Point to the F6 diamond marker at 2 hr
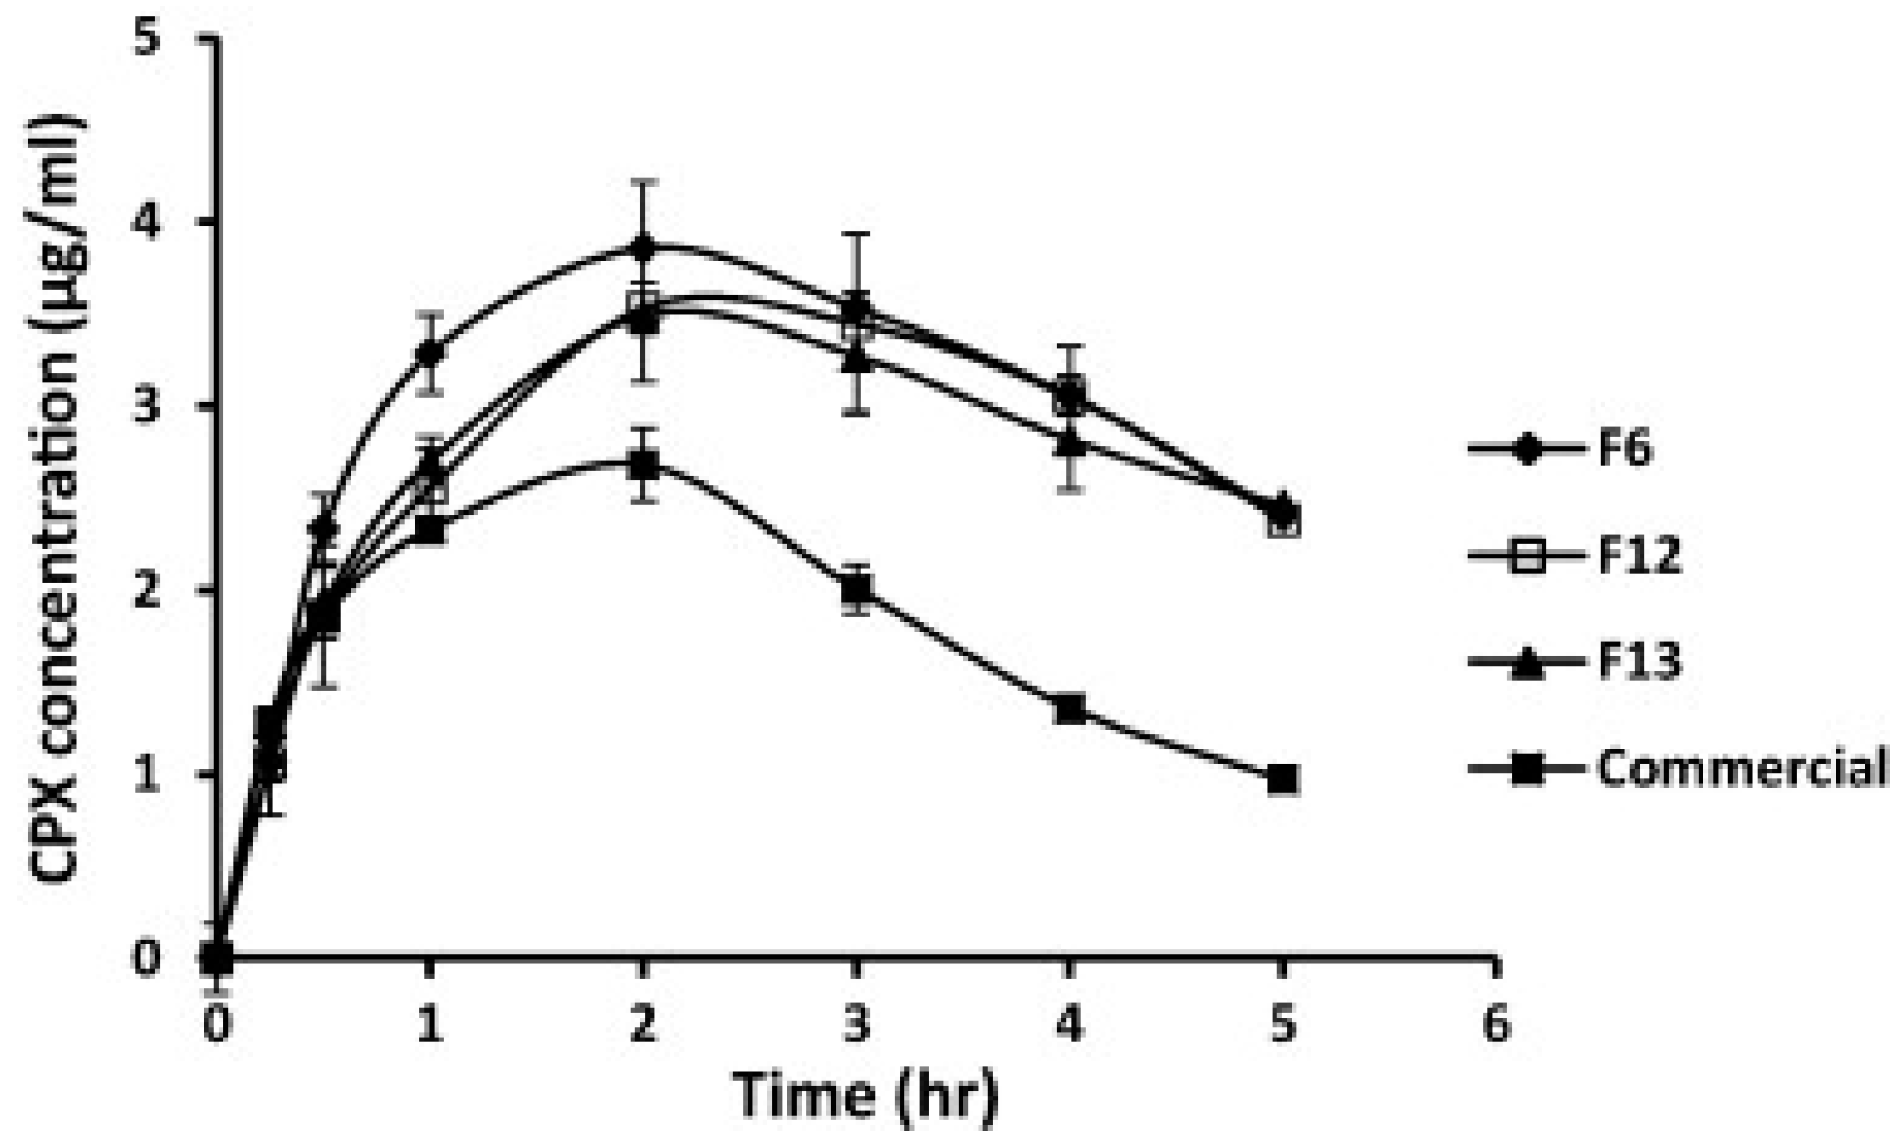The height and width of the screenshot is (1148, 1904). pyautogui.click(x=644, y=247)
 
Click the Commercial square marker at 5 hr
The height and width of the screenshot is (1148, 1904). pyautogui.click(x=1283, y=779)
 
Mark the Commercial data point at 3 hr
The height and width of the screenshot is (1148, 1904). pyautogui.click(x=857, y=590)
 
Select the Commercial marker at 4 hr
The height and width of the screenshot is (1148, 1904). pyautogui.click(x=1070, y=709)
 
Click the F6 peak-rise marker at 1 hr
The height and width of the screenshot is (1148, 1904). pyautogui.click(x=431, y=353)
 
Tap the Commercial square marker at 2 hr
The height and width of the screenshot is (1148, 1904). pyautogui.click(x=644, y=465)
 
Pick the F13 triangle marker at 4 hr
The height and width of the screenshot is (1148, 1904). pyautogui.click(x=1070, y=442)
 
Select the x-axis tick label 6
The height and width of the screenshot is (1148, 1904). pyautogui.click(x=1496, y=1026)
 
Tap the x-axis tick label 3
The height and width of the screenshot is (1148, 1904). pyautogui.click(x=857, y=1026)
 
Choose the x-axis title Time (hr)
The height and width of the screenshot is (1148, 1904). pyautogui.click(x=865, y=1096)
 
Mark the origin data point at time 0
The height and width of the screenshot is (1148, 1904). pyautogui.click(x=218, y=957)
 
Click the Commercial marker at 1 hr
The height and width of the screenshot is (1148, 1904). pyautogui.click(x=431, y=529)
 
